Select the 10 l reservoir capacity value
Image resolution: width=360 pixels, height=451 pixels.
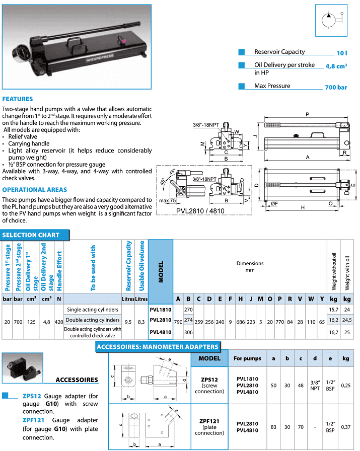[x=342, y=52]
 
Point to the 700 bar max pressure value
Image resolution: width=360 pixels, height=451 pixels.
[x=336, y=87]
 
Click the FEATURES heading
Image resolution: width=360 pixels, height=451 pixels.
[x=18, y=99]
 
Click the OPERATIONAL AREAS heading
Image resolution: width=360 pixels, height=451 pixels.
[x=35, y=190]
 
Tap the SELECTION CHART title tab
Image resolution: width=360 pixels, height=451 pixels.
[x=31, y=235]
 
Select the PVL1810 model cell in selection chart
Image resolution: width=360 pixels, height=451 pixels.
[x=161, y=310]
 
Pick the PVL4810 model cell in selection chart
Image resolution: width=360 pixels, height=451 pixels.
[x=161, y=332]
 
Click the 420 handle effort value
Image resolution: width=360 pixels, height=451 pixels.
[x=59, y=321]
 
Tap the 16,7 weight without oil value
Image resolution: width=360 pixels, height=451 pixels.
[x=333, y=332]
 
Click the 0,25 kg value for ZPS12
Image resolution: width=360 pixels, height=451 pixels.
[x=345, y=385]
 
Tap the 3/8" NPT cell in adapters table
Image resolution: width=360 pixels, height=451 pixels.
[x=315, y=385]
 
